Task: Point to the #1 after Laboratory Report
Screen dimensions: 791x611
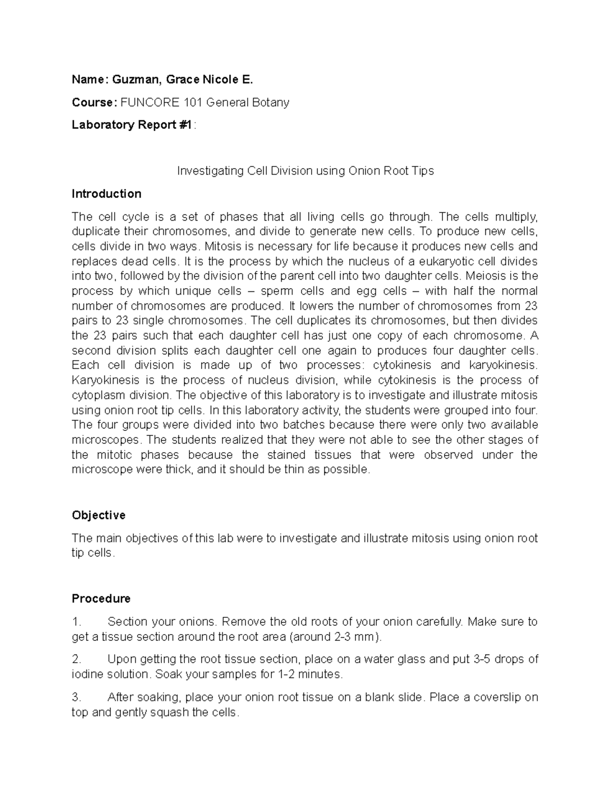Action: click(x=186, y=125)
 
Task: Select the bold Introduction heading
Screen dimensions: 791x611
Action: click(x=106, y=194)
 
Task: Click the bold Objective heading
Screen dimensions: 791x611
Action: click(x=98, y=515)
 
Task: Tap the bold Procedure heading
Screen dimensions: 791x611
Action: click(x=101, y=598)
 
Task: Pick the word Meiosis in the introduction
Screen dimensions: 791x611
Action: click(x=488, y=276)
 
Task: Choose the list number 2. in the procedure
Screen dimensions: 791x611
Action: click(x=76, y=659)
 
